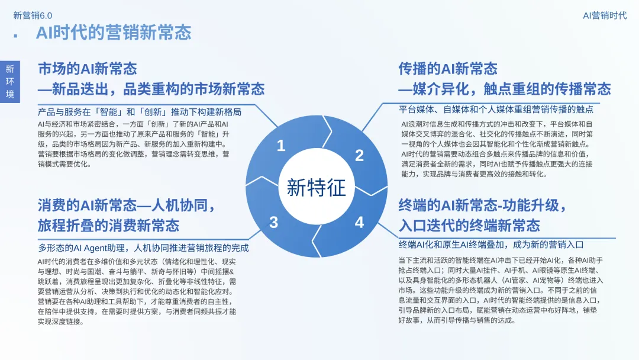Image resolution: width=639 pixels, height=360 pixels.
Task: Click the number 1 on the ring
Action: point(281,146)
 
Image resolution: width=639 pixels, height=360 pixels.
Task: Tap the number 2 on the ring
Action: point(359,156)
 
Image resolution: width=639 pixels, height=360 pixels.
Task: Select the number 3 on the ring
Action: point(273,223)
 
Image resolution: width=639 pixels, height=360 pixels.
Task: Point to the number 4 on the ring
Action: point(359,223)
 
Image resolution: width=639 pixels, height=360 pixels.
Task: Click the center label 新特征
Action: point(316,188)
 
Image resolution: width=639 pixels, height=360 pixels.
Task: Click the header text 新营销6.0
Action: point(33,15)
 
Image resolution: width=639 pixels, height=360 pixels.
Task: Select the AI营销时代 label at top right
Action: point(604,15)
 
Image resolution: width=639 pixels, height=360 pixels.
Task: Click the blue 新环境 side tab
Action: point(10,82)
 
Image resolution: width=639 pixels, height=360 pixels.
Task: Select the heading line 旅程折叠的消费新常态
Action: point(108,226)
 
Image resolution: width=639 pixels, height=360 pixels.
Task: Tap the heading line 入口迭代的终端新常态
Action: point(469,226)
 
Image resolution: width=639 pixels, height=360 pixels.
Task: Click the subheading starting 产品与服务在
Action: point(140,111)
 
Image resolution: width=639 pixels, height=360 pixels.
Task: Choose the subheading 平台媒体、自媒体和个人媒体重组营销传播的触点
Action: point(496,110)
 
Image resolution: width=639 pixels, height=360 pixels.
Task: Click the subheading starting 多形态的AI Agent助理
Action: point(144,248)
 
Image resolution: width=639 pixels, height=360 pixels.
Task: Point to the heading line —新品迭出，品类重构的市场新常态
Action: point(151,89)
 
